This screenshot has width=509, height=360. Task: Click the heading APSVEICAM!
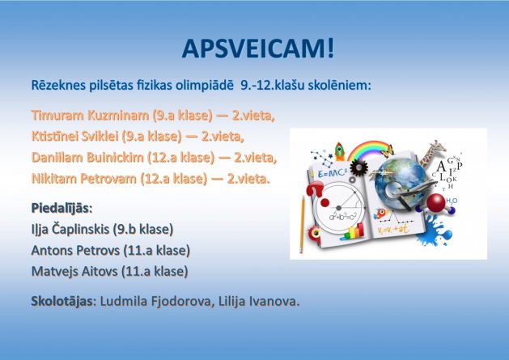(258, 49)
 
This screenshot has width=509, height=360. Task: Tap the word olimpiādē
(205, 86)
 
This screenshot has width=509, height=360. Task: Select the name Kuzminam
(118, 115)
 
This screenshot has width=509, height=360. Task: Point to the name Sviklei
(100, 137)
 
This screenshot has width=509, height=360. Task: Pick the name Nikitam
(54, 179)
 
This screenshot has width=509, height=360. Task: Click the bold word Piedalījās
(62, 209)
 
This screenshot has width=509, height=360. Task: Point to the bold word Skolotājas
(62, 302)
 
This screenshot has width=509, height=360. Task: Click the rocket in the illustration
(340, 151)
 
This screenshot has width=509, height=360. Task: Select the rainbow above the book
(368, 148)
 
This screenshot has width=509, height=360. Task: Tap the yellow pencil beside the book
(302, 224)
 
